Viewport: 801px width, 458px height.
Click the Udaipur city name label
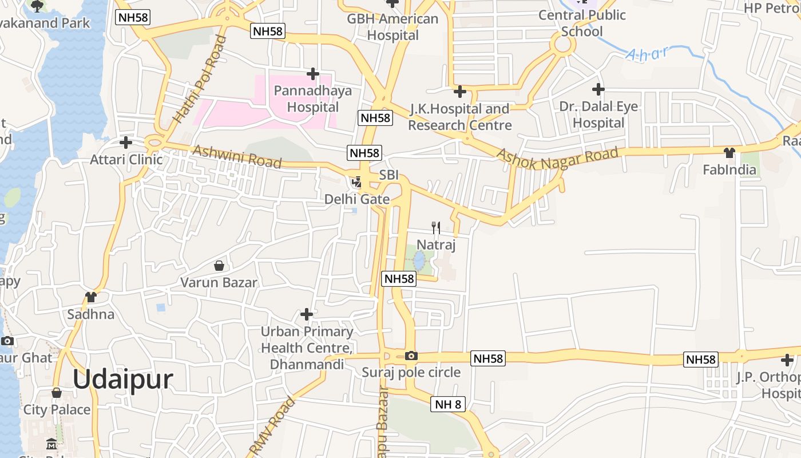122,380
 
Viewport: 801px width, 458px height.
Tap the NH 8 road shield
448,404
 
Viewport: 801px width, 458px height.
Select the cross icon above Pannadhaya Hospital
312,74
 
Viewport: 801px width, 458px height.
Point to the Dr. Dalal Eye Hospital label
598,114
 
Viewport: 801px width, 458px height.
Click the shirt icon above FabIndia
729,153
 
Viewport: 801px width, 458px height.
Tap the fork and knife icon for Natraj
436,227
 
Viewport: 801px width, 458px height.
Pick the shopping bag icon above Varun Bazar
219,266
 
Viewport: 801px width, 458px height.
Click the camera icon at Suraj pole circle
411,356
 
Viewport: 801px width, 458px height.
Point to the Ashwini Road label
237,156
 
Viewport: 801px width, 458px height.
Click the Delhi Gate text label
357,199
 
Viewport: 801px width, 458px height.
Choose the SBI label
388,175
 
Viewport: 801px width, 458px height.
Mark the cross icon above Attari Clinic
126,143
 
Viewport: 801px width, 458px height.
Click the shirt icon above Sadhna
91,297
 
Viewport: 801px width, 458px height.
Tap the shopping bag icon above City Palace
57,393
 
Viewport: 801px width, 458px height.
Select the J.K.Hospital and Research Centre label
459,117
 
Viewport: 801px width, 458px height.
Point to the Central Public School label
582,23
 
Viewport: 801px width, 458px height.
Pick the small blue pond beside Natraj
420,260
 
